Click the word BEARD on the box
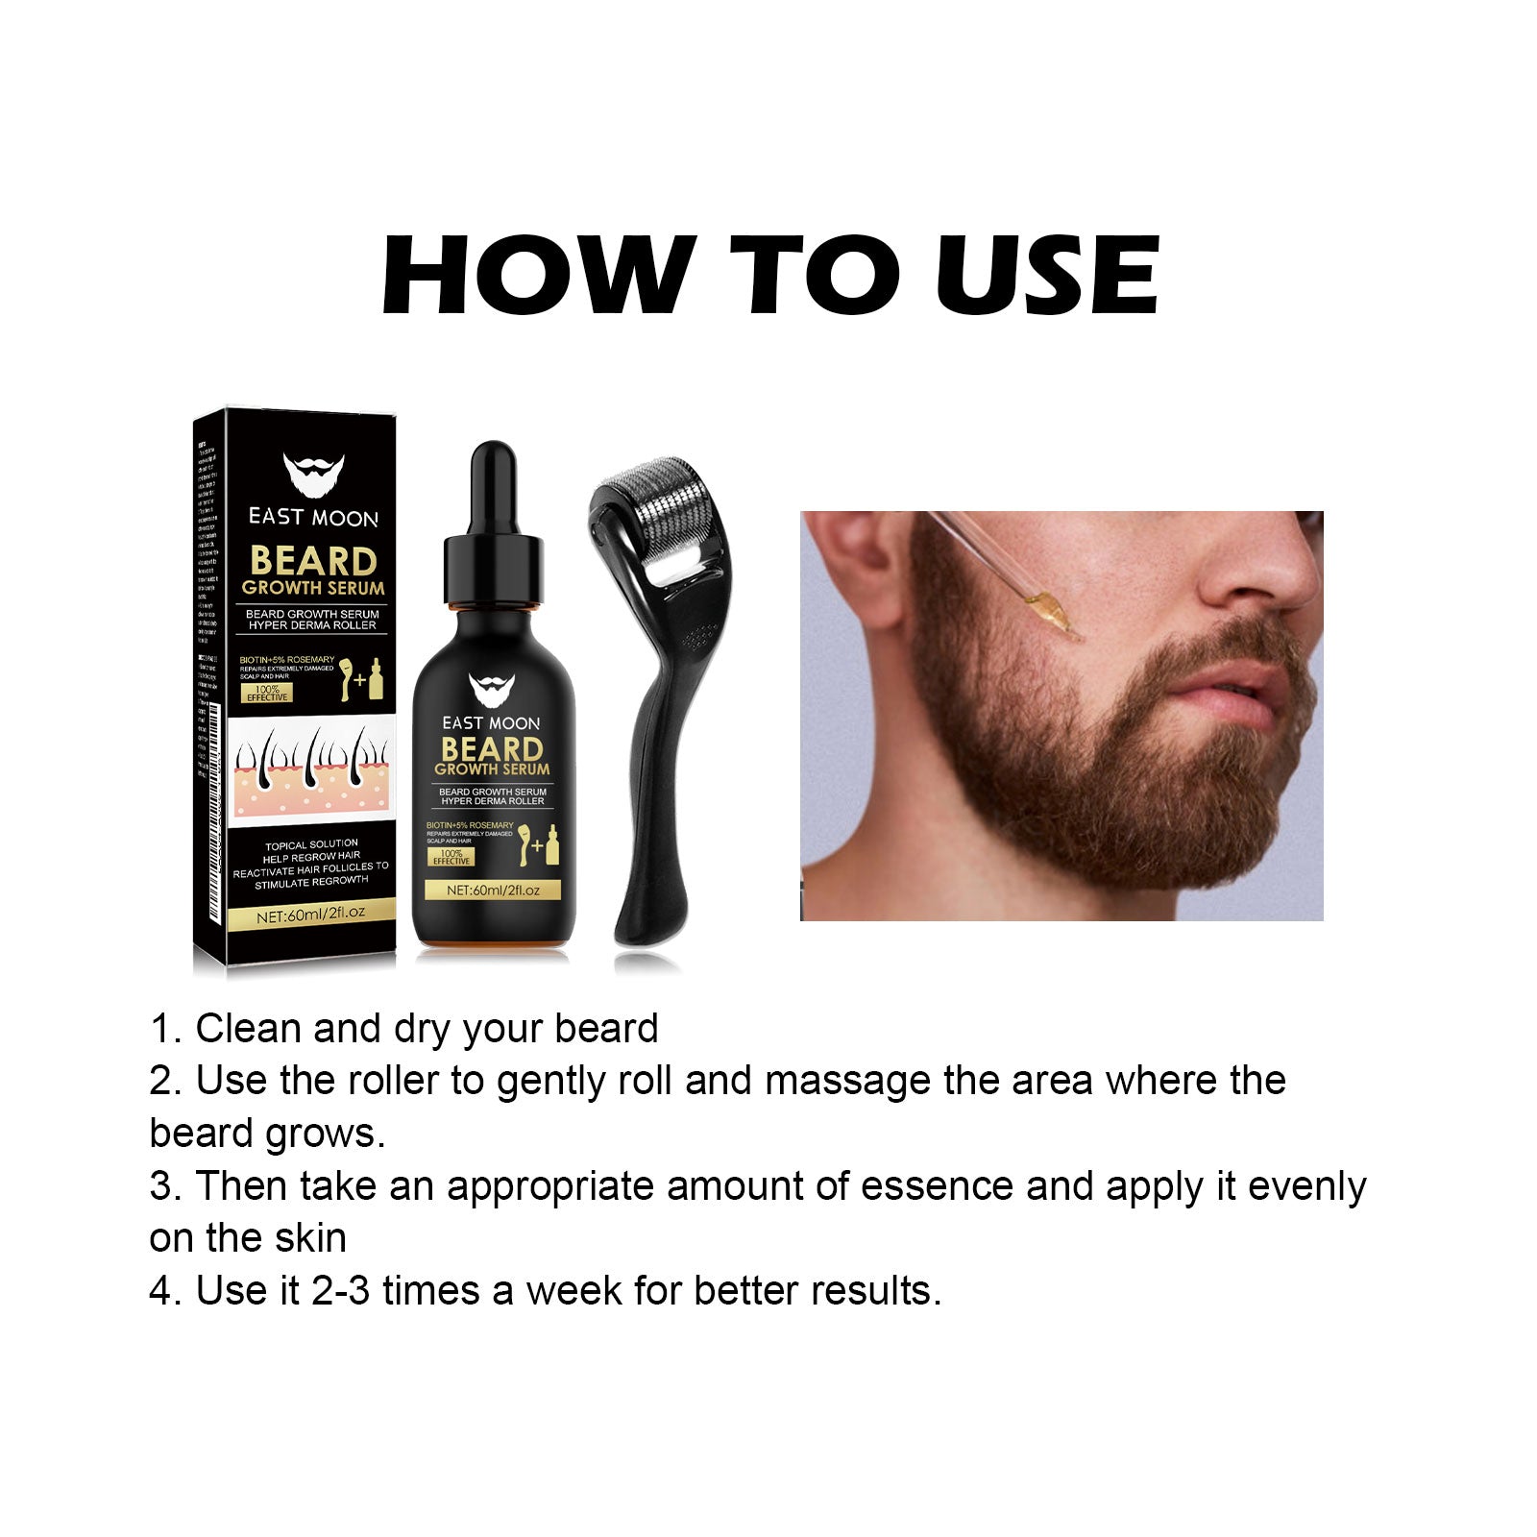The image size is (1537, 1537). coord(313,562)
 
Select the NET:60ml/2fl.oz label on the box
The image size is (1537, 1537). coord(311,915)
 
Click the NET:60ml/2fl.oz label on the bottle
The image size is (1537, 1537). coord(493,890)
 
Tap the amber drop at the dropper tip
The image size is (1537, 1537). coord(1052,611)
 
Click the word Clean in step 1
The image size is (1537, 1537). coord(248,1029)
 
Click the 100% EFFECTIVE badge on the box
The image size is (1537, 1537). coord(266,693)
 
